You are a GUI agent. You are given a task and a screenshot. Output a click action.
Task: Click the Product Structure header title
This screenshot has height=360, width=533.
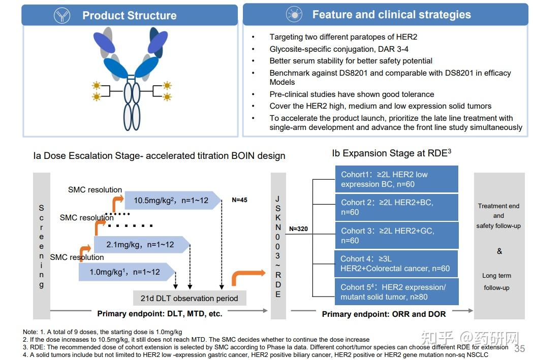click(x=130, y=16)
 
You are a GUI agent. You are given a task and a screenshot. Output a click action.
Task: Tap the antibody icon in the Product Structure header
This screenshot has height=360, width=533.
click(x=62, y=16)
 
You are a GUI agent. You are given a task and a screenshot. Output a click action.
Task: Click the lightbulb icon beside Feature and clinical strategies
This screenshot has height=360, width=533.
click(x=294, y=15)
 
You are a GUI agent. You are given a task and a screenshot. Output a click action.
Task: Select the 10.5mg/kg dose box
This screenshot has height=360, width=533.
click(x=172, y=201)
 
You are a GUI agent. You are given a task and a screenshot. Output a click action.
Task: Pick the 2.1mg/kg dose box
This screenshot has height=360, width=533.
click(x=140, y=245)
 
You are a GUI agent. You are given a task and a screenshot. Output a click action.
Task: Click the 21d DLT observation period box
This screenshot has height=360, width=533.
click(x=190, y=298)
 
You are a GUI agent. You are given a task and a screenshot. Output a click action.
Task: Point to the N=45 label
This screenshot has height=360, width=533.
click(x=240, y=200)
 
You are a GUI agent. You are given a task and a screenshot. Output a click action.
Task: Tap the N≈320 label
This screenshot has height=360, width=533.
click(x=298, y=229)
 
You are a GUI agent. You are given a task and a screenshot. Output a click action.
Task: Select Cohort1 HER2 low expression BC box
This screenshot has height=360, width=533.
click(x=396, y=179)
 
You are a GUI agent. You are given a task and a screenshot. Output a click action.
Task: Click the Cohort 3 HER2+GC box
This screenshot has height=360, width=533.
click(x=396, y=236)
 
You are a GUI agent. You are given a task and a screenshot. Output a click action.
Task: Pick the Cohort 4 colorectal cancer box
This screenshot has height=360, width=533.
click(x=396, y=263)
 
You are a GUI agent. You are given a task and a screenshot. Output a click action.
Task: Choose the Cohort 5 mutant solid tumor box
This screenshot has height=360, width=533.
click(x=396, y=291)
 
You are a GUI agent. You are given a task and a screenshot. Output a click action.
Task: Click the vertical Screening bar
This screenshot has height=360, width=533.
click(x=42, y=246)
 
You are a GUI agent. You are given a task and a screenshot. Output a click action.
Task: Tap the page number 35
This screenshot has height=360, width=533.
click(x=520, y=349)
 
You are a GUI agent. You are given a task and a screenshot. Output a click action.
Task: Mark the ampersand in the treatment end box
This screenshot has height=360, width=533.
click(x=499, y=251)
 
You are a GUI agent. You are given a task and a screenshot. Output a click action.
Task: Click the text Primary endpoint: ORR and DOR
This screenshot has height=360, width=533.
click(x=384, y=314)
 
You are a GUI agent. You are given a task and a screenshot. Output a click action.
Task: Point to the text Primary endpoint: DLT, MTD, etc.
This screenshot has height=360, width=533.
click(x=160, y=314)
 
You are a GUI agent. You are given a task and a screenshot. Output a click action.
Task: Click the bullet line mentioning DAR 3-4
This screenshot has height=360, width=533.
click(x=339, y=49)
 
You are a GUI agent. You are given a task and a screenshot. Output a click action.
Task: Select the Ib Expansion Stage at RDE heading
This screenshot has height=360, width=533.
click(x=391, y=153)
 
